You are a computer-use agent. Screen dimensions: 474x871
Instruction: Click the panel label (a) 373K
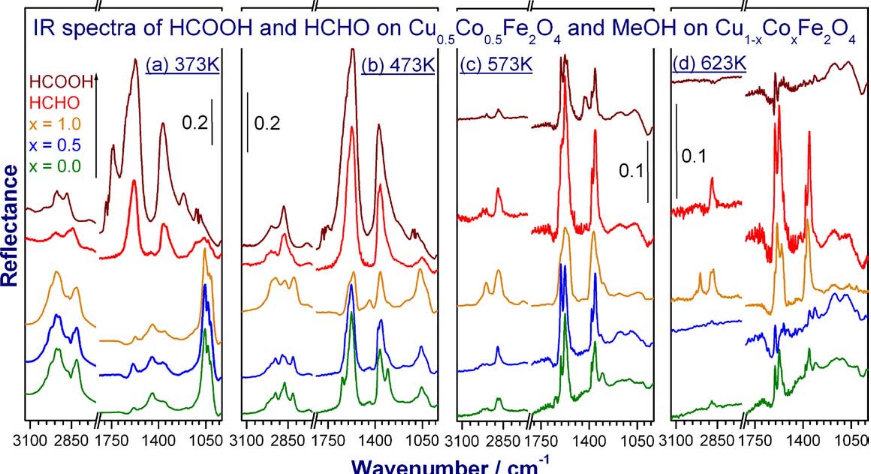coord(183,65)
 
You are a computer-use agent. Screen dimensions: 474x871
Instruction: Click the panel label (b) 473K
coord(398,65)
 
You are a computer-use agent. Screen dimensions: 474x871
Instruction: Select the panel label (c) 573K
coord(495,65)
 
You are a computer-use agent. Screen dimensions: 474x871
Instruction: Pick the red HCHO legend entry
coord(54,103)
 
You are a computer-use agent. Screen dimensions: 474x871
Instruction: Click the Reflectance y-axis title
coord(11,226)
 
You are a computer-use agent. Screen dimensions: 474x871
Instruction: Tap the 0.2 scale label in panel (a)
coord(195,122)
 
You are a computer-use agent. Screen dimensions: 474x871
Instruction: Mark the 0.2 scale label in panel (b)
coord(267,123)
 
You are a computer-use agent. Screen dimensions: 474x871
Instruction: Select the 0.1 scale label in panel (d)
coord(695,157)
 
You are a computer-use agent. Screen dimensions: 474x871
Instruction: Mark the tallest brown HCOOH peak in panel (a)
coord(135,60)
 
